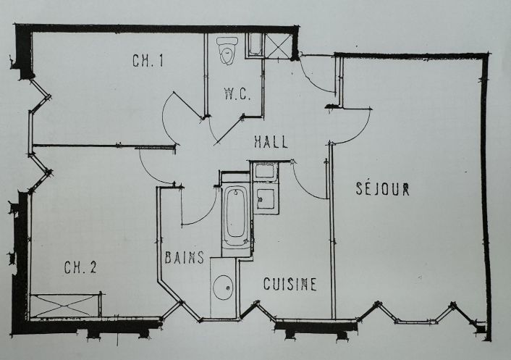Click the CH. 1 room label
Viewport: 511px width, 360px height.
click(x=147, y=62)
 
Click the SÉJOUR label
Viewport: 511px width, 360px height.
click(x=383, y=190)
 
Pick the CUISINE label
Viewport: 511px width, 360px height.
click(x=290, y=284)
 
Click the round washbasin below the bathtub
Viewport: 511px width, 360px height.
click(x=223, y=288)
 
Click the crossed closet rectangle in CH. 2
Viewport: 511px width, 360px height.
click(x=66, y=305)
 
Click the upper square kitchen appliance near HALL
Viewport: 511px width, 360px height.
click(x=263, y=172)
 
